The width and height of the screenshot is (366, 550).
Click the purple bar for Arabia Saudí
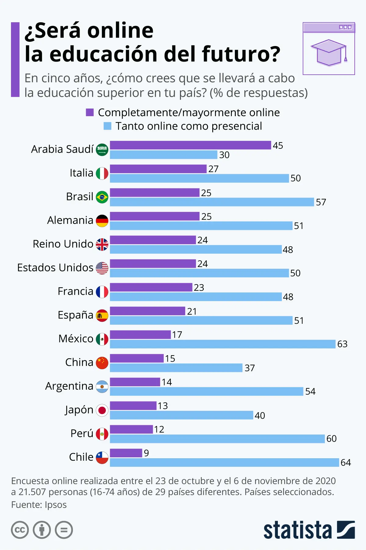pos(190,145)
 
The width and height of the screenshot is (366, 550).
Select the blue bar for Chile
pos(224,462)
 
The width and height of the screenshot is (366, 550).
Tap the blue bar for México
pos(223,344)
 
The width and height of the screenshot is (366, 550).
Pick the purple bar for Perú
pos(131,429)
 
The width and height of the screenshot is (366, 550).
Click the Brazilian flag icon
pos(102,197)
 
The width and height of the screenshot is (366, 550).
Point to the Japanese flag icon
pos(102,410)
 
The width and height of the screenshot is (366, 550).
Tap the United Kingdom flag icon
pos(102,245)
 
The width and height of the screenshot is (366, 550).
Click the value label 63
pos(342,344)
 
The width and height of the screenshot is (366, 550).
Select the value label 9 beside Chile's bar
pos(146,453)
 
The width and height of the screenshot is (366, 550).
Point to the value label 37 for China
pos(249,368)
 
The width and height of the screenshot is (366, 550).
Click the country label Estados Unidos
pos(55,267)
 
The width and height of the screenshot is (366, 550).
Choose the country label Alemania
pos(70,220)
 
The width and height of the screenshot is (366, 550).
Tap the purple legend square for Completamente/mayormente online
pos(90,112)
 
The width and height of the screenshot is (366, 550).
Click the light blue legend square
pos(107,126)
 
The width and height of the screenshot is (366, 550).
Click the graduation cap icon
pos(329,53)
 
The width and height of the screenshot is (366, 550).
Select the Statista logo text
pos(297,530)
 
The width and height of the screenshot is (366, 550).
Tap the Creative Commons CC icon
pos(20,530)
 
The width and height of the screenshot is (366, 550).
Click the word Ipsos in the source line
pos(56,505)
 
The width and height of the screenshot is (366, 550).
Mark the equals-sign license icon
pos(64,530)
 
